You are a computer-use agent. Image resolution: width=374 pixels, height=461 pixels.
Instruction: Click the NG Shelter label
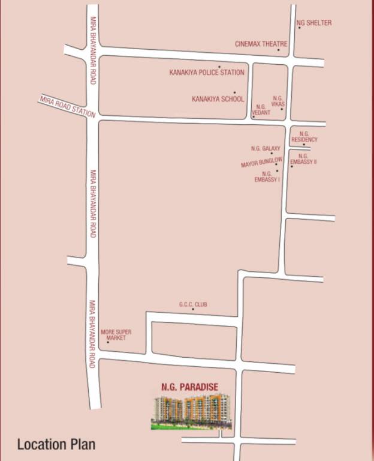[x=314, y=23]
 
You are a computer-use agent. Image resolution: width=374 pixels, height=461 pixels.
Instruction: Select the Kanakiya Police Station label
[x=207, y=73]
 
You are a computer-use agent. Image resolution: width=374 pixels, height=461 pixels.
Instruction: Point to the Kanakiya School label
[x=218, y=98]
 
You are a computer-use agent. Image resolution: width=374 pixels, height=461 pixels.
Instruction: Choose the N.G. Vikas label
[x=278, y=101]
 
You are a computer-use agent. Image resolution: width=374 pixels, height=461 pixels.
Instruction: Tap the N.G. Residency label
[x=304, y=137]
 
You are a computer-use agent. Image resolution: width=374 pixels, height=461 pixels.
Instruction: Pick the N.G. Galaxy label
[x=266, y=148]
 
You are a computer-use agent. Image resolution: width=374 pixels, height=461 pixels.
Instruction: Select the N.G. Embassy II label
[x=303, y=159]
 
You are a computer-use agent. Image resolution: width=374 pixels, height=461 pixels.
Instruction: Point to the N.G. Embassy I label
[x=267, y=176]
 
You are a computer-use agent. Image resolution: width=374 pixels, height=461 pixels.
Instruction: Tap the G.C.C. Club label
[x=193, y=304]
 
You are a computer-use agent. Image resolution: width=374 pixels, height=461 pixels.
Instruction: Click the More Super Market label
[x=116, y=335]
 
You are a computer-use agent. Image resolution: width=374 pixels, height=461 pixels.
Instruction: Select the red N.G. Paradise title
[x=189, y=387]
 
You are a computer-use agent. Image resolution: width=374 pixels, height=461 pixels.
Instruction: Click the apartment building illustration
[x=191, y=411]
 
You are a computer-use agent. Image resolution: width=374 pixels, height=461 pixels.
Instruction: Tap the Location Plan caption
[x=56, y=445]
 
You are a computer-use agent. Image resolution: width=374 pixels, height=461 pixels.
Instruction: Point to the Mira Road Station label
[x=67, y=106]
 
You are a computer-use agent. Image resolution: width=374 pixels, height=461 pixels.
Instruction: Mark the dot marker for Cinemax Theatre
[x=278, y=50]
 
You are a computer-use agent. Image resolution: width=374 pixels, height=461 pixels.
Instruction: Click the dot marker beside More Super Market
[x=108, y=342]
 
